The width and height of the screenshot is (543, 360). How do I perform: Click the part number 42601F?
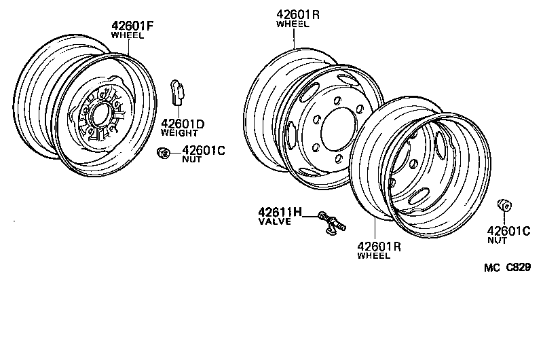(x=133, y=26)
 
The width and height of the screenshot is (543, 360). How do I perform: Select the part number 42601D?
(x=183, y=124)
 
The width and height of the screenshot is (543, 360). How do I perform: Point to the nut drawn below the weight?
(x=163, y=154)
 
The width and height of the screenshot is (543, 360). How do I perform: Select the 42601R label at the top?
(x=298, y=14)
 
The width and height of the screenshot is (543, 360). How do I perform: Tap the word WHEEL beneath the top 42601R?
(x=293, y=24)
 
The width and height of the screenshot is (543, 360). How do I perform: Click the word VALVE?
(x=274, y=221)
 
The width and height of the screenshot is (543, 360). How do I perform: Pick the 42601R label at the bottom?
(x=379, y=247)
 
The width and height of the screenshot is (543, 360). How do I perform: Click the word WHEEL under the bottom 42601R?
(x=374, y=256)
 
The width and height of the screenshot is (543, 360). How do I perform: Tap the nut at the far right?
(x=504, y=205)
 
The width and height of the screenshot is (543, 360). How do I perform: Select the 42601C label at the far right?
(x=508, y=230)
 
